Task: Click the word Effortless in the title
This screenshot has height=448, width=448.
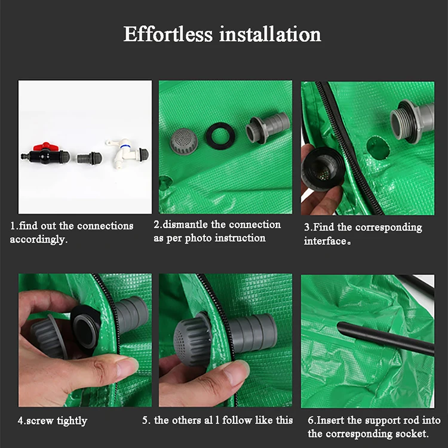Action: tap(168, 34)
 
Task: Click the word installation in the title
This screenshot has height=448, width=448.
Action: tap(270, 34)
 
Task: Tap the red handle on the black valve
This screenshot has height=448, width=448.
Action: tap(46, 147)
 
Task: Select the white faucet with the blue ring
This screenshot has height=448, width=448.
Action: tap(127, 154)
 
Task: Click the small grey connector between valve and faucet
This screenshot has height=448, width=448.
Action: tap(89, 158)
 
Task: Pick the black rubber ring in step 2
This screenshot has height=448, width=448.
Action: tap(220, 136)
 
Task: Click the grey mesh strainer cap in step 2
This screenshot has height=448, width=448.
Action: tap(182, 140)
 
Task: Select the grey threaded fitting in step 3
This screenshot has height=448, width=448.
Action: tap(412, 121)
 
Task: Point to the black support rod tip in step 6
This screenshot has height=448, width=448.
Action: tap(340, 326)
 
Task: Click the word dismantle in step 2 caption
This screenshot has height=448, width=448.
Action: tap(185, 225)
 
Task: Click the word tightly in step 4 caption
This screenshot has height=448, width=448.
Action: tap(72, 421)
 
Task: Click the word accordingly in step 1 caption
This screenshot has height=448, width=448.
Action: tap(38, 240)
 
